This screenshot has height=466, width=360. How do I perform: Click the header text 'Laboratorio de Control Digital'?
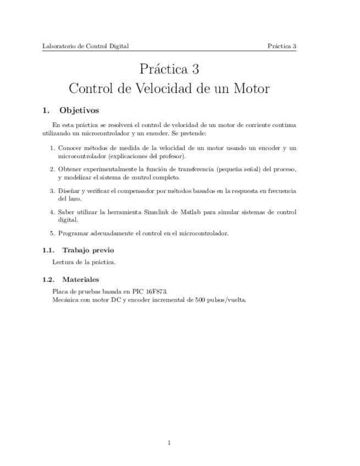85,46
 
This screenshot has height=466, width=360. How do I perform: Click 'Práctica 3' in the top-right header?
282,46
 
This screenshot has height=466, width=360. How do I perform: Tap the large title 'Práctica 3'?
169,69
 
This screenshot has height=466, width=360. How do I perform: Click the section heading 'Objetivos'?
79,110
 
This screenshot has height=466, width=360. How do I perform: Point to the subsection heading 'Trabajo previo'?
88,250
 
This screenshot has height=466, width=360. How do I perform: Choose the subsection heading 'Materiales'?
80,279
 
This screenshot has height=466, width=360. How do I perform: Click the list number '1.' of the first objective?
52,148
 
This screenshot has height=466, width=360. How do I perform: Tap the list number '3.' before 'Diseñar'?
52,191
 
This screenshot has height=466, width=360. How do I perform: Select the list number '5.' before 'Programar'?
52,233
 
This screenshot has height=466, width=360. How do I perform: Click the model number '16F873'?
157,291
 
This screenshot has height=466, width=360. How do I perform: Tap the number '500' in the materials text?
200,300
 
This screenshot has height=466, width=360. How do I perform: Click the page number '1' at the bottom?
169,442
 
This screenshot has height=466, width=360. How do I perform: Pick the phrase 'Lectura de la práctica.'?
84,262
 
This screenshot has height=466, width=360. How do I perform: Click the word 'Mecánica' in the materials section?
65,300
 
